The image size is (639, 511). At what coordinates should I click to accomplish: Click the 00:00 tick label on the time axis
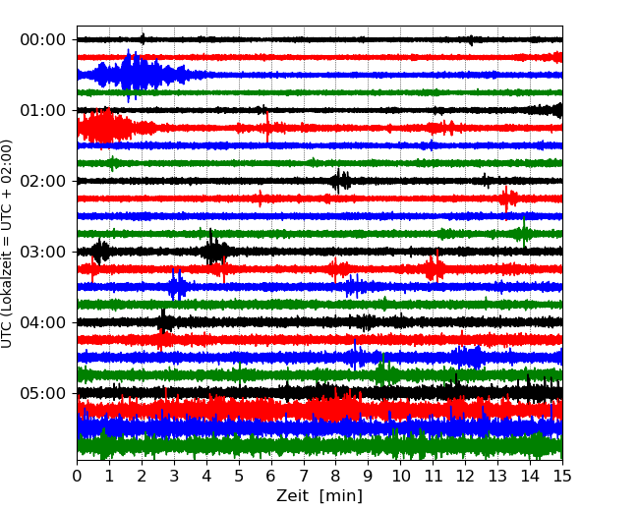point(42,39)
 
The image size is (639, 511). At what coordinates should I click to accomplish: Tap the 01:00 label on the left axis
point(42,110)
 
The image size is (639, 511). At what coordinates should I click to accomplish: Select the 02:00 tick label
point(42,181)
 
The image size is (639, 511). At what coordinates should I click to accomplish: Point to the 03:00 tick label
point(42,252)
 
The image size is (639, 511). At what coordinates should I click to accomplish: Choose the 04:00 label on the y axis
point(42,322)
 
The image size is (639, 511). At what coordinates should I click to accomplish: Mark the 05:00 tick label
point(42,393)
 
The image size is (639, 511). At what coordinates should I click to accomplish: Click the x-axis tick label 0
point(78,477)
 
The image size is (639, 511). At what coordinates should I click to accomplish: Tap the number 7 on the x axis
point(304,477)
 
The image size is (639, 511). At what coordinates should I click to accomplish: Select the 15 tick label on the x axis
point(562,477)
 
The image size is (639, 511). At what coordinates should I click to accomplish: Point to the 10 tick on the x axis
point(400,477)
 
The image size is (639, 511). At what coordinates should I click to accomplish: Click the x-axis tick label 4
point(206,477)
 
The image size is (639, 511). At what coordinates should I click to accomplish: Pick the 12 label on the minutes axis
point(465,477)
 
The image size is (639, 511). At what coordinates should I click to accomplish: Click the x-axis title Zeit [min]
point(319,496)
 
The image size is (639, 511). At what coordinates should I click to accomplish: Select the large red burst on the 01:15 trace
point(103,128)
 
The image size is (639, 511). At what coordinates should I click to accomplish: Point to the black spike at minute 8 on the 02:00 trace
point(339,181)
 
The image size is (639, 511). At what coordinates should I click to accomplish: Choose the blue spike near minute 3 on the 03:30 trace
point(176,286)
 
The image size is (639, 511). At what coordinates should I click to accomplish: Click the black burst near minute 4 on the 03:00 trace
point(213,252)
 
